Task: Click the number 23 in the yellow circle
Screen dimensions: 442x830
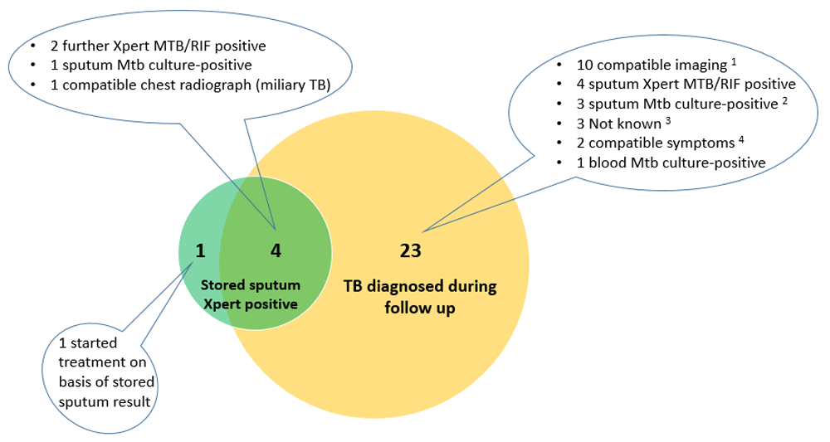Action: pyautogui.click(x=411, y=250)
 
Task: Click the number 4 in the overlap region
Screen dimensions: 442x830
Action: pyautogui.click(x=276, y=249)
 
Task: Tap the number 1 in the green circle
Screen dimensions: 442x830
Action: pyautogui.click(x=200, y=249)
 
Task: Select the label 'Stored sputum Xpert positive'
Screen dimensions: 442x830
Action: pyautogui.click(x=251, y=294)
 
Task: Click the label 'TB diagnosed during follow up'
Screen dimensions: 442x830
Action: pyautogui.click(x=420, y=297)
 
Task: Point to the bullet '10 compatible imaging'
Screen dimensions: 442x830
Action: pyautogui.click(x=644, y=65)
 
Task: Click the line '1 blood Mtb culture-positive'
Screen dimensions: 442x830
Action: pyautogui.click(x=670, y=163)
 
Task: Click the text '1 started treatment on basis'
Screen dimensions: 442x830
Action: pyautogui.click(x=100, y=362)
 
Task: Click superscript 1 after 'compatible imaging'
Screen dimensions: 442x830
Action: pyautogui.click(x=735, y=60)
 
